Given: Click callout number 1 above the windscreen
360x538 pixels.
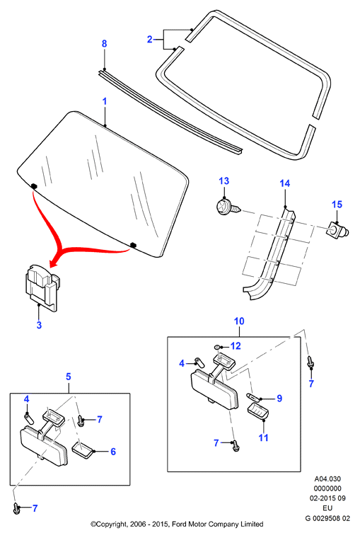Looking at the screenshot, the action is [105, 101].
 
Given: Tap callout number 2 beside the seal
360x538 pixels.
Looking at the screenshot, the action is [150, 40].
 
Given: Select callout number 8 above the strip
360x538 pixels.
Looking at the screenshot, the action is [104, 44].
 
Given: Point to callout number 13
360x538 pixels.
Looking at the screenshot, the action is [224, 181].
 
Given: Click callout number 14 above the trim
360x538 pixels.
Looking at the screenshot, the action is [285, 183].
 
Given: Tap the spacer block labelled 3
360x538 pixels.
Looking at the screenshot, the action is [42, 287].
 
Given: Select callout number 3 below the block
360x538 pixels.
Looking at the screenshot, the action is [39, 325].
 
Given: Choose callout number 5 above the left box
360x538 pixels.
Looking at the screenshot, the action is [69, 377].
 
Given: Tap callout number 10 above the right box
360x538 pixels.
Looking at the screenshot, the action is [239, 321].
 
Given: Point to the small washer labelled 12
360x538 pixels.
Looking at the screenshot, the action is [217, 348].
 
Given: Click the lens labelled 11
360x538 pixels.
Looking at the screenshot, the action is [258, 411].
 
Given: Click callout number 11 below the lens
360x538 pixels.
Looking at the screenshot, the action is [263, 437].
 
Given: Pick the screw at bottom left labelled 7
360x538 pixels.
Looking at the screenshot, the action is [16, 508].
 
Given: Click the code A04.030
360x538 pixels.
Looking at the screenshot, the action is [327, 479].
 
